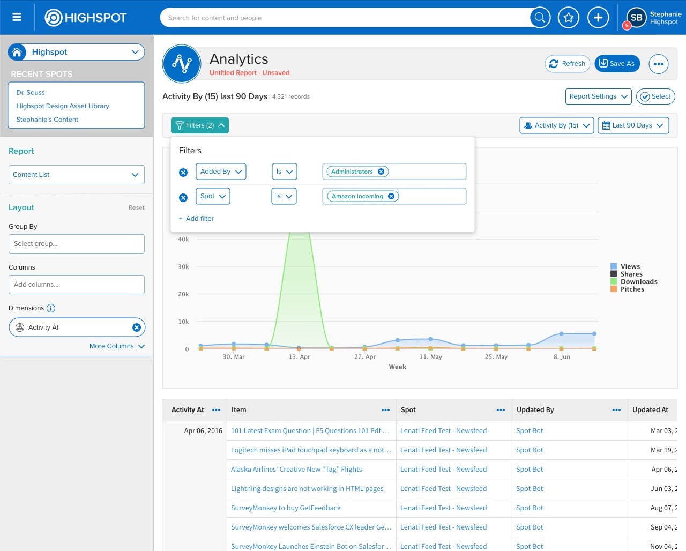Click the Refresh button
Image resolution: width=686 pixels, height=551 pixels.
coord(567,64)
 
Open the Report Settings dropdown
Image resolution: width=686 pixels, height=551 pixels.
coord(598,96)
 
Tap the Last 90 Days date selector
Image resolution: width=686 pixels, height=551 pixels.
coord(633,125)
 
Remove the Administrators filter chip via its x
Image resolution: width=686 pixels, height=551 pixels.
coord(381,172)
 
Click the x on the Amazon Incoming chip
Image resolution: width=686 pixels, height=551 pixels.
coord(391,196)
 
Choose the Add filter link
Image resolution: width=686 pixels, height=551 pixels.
coord(196,219)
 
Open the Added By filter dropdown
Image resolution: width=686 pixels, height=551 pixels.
coord(221,172)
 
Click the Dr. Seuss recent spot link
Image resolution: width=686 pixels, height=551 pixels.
coord(31,93)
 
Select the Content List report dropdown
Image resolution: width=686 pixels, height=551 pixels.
coord(77,175)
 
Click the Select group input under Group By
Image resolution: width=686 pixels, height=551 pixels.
coord(77,244)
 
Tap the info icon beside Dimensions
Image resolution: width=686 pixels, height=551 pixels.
coord(51,308)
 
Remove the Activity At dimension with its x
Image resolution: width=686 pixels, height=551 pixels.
coord(137,327)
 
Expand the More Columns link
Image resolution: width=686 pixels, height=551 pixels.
coord(117,346)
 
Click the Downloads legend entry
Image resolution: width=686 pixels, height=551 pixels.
coord(634,281)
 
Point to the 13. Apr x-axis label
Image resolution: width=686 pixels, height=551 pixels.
coord(300,357)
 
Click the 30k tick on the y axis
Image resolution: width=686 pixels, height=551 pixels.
coord(183,266)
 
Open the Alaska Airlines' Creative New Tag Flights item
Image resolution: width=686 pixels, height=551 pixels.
coord(296,470)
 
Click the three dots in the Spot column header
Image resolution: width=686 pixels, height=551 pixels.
coord(501,410)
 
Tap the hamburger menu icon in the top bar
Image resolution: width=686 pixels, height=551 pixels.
coord(17,17)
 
